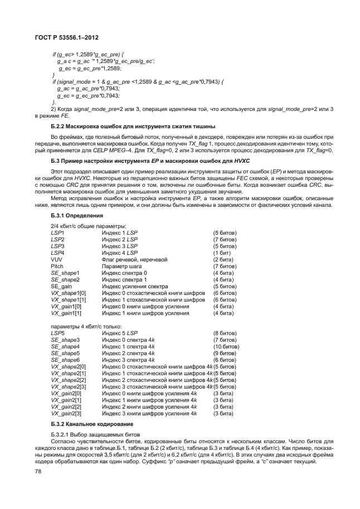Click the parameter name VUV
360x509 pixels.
pyautogui.click(x=56, y=259)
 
